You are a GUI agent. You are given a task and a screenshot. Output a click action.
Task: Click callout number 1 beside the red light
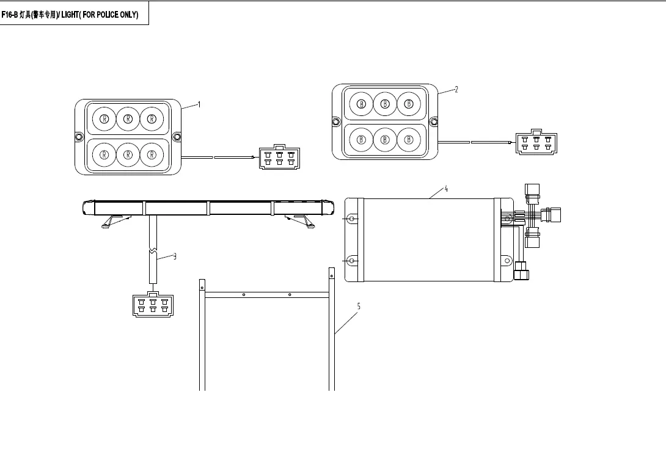pos(199,104)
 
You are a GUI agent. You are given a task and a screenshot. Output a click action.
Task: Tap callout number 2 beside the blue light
pos(456,90)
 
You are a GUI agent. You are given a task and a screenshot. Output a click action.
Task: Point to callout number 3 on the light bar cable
pos(175,256)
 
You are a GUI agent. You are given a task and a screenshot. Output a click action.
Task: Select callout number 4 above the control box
pos(446,189)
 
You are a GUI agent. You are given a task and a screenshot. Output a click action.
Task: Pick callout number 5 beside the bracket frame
pos(359,306)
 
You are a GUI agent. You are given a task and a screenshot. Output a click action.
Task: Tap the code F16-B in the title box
pos(9,15)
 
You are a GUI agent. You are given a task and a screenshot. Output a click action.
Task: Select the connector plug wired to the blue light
pos(536,142)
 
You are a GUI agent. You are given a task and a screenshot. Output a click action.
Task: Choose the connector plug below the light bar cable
pos(153,304)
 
